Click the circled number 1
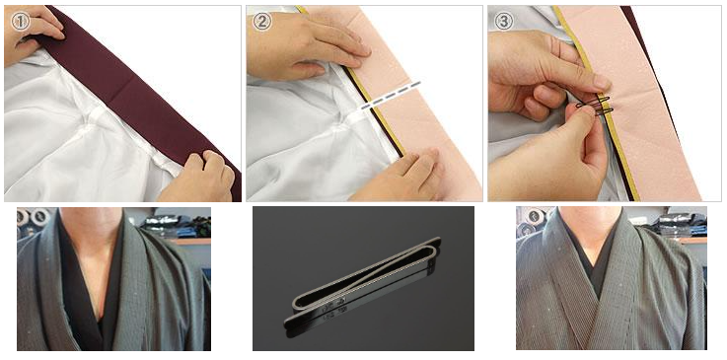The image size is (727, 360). click(x=21, y=23)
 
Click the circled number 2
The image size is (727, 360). click(x=262, y=23)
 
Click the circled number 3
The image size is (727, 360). click(x=504, y=21)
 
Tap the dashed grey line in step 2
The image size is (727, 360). click(x=391, y=96)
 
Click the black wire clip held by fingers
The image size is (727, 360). click(x=594, y=107)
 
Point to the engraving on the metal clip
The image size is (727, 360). click(x=332, y=306)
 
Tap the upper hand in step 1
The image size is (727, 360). click(x=34, y=32)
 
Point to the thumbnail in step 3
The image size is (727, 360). click(x=602, y=83)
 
